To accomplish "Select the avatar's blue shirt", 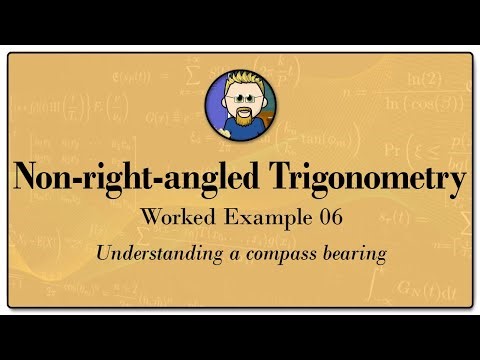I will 221,127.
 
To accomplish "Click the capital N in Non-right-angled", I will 28,181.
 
